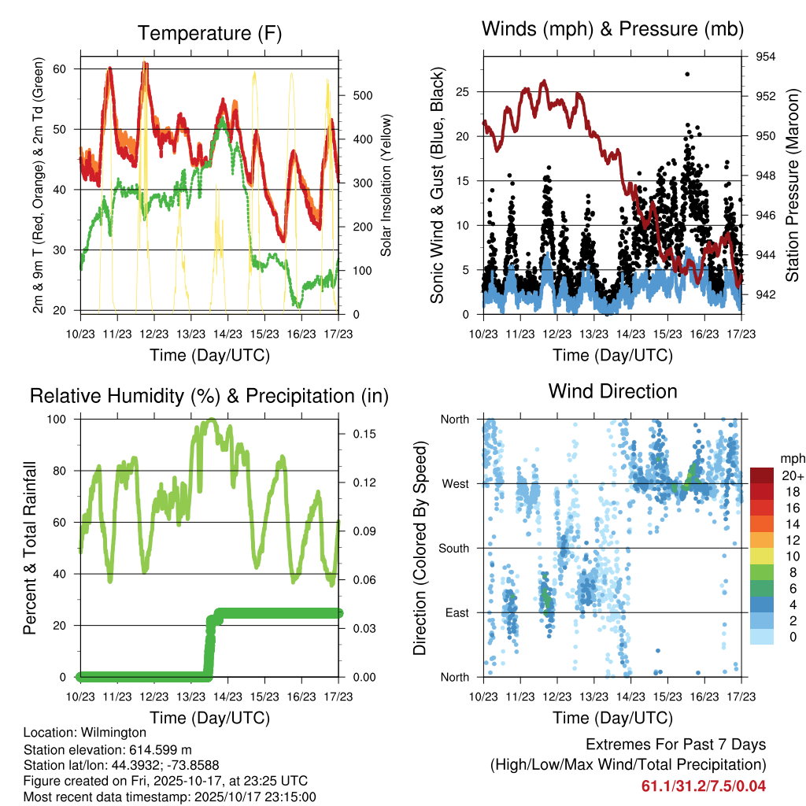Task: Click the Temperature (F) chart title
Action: click(209, 33)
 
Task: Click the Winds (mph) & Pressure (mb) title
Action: click(612, 30)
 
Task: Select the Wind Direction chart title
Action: click(612, 391)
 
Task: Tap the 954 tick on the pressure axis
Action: click(766, 57)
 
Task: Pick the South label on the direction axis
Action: click(455, 548)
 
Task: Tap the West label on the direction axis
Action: click(457, 483)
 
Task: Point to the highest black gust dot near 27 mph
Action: click(687, 74)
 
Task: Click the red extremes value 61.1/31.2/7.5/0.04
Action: click(703, 786)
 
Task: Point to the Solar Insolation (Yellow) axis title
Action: click(386, 186)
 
